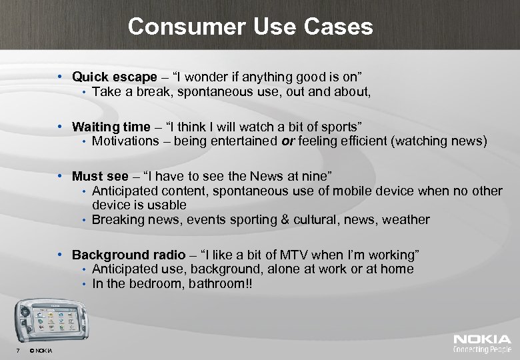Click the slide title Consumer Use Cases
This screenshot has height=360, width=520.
pyautogui.click(x=250, y=27)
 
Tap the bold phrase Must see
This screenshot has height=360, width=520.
pyautogui.click(x=100, y=176)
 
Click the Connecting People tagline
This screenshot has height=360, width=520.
pyautogui.click(x=482, y=349)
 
